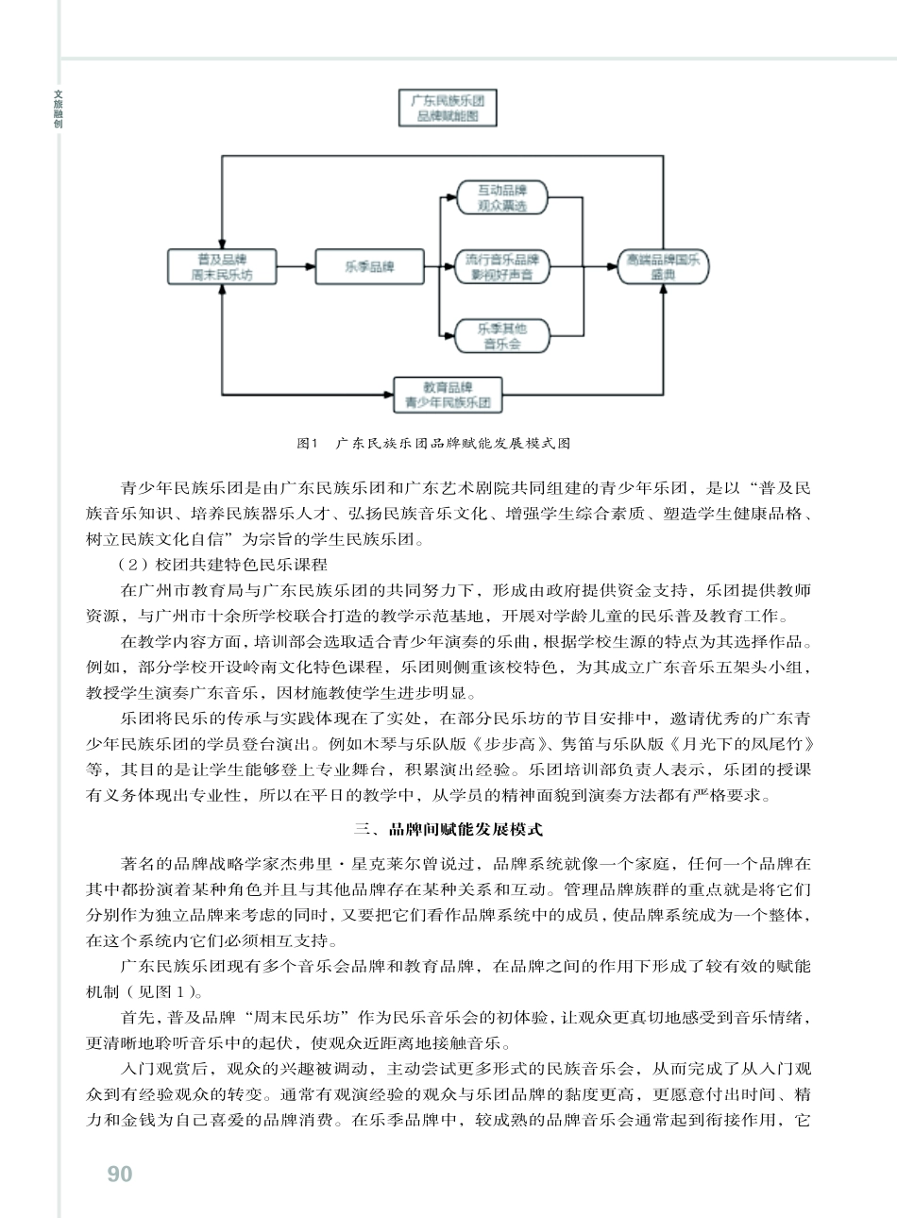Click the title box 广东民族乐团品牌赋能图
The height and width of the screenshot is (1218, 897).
[448, 109]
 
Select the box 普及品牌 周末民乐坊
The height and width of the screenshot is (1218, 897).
[222, 267]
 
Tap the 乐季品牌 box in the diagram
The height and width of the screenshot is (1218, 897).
[369, 267]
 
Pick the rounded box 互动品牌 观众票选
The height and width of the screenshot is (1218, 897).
[501, 197]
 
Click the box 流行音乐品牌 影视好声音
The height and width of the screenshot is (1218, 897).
[501, 267]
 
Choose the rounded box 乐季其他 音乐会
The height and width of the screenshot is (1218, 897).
[501, 336]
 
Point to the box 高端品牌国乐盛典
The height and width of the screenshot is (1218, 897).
[663, 267]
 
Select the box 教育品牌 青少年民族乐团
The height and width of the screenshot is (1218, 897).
[448, 395]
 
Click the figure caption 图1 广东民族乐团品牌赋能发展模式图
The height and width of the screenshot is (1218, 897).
[433, 443]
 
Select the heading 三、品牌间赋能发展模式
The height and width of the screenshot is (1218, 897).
[448, 830]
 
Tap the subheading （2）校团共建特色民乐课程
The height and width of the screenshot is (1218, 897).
[222, 566]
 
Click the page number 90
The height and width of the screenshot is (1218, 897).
[120, 1174]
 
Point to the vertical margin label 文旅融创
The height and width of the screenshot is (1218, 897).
[59, 110]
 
